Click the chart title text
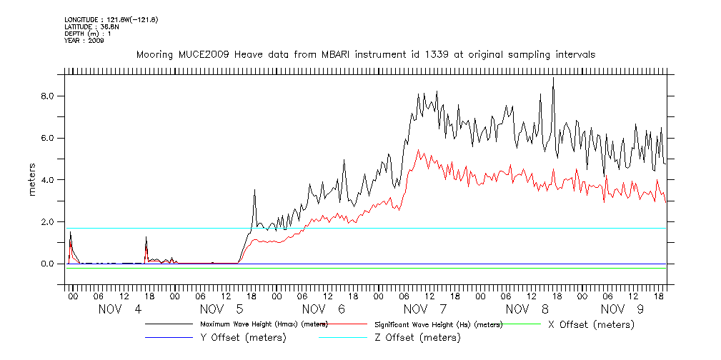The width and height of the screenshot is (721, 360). coord(365,54)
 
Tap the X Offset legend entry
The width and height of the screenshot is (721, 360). coord(590,324)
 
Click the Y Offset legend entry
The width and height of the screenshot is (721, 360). coord(244,337)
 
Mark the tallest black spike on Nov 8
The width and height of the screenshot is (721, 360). coord(553,78)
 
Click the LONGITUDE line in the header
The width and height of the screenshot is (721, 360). coord(111,19)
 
